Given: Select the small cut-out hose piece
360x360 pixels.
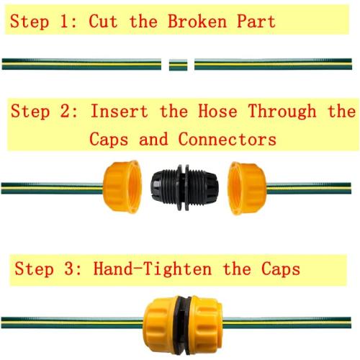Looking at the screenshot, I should point(178,64).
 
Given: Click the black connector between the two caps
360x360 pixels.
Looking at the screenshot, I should point(180,188).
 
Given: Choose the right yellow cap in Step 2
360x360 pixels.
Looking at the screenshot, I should point(246,188).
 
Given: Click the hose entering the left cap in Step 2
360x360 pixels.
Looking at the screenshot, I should point(50,188).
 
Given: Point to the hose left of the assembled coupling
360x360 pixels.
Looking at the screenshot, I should point(72,320).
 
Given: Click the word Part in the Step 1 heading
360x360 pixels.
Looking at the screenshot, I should point(253,20).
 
